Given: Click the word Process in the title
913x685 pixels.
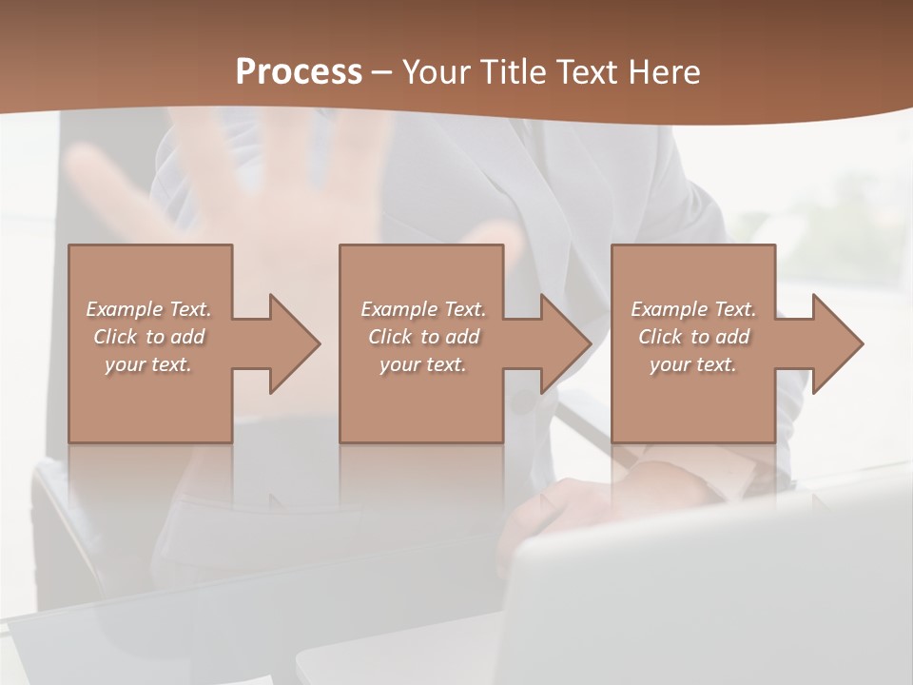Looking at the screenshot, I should (x=299, y=72).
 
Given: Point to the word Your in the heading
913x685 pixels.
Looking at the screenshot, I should (x=438, y=72).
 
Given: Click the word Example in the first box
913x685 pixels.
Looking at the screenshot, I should (x=125, y=309).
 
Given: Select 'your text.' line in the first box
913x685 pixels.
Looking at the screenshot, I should (x=148, y=364).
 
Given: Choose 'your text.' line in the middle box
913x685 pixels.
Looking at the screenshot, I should (x=423, y=364).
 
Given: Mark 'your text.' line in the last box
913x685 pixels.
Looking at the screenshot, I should (x=693, y=364).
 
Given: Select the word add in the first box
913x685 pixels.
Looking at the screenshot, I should (x=187, y=337).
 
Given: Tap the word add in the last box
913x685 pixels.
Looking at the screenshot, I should (x=732, y=337).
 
